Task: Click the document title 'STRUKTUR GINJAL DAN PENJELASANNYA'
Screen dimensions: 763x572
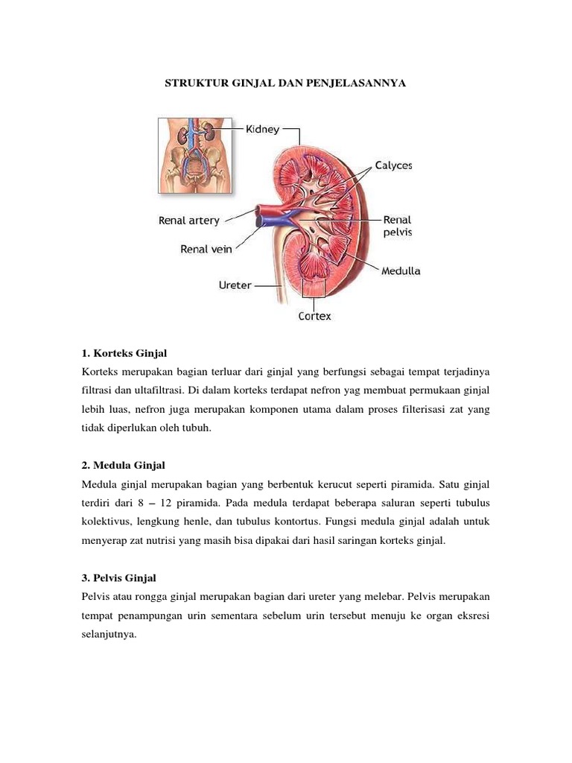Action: tap(285, 85)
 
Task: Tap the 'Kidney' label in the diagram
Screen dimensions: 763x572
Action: tap(263, 129)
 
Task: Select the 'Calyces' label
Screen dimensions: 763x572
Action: tap(393, 165)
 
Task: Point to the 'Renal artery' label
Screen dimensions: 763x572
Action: tap(189, 221)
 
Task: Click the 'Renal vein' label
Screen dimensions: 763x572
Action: tap(206, 250)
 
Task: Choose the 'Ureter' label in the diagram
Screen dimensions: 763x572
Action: tap(235, 285)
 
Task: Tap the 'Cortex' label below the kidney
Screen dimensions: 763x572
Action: tap(315, 315)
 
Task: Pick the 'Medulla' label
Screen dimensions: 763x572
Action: tap(401, 271)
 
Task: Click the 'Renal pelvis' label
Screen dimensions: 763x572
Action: tap(397, 226)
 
